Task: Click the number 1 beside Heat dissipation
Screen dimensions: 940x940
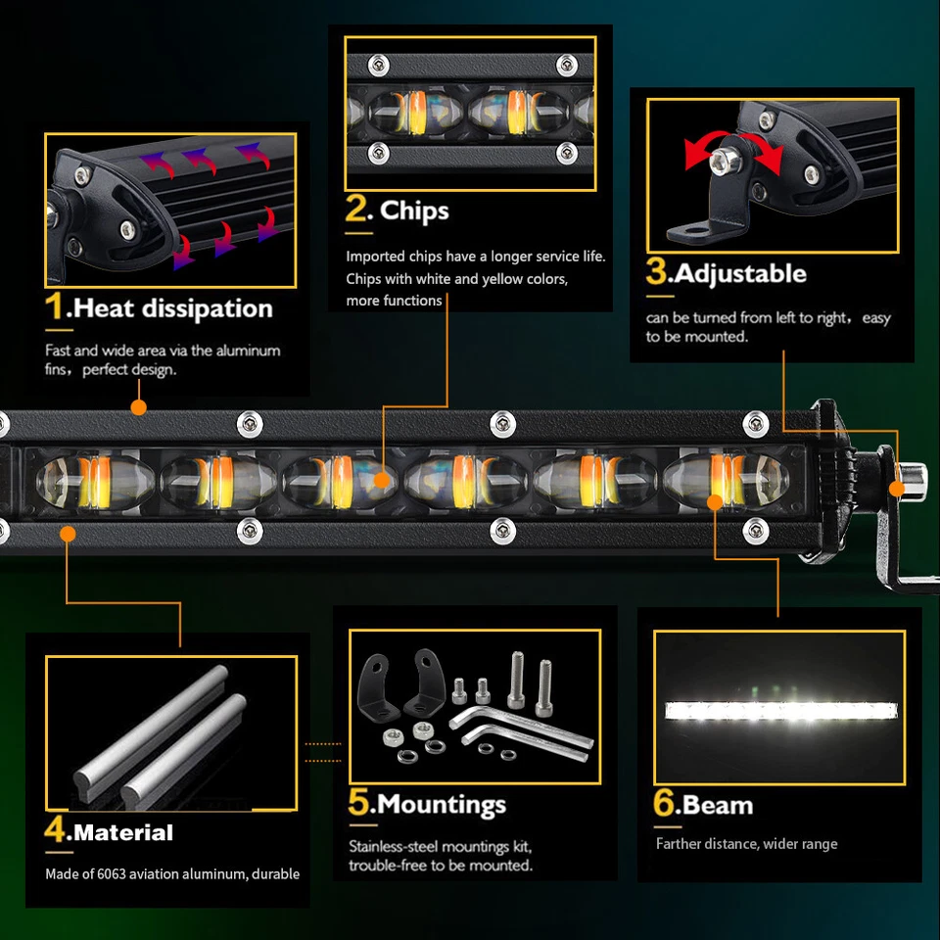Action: [x=57, y=307]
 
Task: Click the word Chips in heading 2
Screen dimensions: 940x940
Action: [x=414, y=211]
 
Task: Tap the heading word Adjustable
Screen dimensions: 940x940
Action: [x=740, y=273]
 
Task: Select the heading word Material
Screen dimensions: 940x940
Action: [x=123, y=833]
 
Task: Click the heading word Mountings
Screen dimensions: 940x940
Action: [x=442, y=805]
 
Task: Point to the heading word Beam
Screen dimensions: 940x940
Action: [x=718, y=805]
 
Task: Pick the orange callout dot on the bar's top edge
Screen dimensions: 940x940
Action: [x=138, y=407]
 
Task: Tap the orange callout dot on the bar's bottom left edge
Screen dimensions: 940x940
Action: [x=68, y=534]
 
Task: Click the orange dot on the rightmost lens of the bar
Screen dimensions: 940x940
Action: [x=715, y=501]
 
